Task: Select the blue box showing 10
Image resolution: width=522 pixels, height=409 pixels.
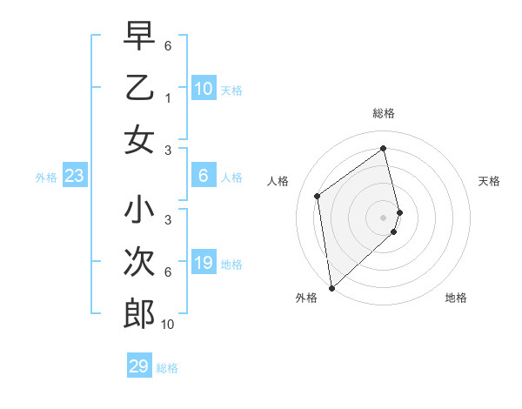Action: point(204,89)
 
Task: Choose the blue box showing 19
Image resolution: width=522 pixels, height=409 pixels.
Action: point(204,264)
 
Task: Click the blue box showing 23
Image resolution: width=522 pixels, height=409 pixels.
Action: point(75,177)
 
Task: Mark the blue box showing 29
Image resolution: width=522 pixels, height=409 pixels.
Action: point(139,366)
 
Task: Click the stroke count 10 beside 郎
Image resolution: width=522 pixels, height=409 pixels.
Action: point(168,325)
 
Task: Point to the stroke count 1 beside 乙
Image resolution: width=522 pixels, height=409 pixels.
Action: point(168,97)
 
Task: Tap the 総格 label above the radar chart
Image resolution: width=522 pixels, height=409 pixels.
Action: point(384,113)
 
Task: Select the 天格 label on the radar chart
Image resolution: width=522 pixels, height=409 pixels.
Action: point(490,181)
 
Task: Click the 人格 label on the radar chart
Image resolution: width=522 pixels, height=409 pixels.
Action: point(278,181)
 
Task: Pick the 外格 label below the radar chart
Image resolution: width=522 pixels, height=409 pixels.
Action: point(306,298)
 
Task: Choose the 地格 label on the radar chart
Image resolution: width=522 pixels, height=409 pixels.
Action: point(456,298)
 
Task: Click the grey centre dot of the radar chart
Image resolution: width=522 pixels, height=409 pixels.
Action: point(384,217)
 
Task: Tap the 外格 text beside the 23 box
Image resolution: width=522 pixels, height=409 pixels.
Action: point(46,178)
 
